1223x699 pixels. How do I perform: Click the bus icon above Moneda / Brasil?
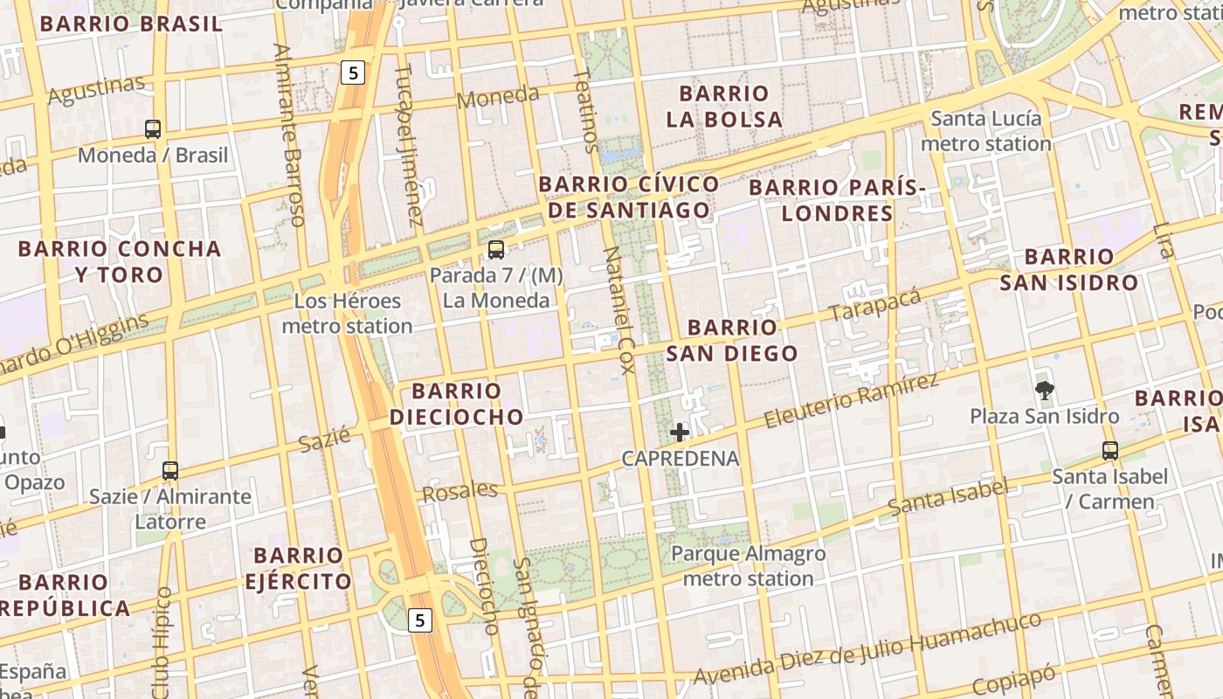(x=153, y=129)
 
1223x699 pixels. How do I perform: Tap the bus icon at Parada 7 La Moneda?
(x=496, y=250)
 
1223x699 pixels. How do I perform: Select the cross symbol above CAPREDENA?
(x=680, y=432)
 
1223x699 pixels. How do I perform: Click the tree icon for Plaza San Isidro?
(x=1044, y=390)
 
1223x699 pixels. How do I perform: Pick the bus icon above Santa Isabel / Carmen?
(x=1109, y=451)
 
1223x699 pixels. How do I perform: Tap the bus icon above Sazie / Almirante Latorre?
(x=170, y=471)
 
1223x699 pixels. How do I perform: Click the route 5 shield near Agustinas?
(x=352, y=73)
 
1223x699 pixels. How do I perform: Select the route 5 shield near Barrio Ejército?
(x=420, y=620)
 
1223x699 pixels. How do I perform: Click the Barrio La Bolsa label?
(x=724, y=106)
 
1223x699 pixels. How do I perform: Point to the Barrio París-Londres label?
(x=837, y=200)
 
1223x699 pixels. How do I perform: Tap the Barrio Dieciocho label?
(x=456, y=404)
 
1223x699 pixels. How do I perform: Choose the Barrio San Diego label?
(x=732, y=340)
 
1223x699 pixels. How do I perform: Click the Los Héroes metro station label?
(x=347, y=314)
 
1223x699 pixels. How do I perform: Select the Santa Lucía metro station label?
(x=986, y=131)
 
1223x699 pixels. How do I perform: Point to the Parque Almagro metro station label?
(x=748, y=566)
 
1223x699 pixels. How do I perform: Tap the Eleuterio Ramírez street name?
(x=852, y=400)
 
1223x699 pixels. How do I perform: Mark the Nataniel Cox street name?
(x=619, y=310)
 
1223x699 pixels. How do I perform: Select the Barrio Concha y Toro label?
(x=120, y=261)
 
